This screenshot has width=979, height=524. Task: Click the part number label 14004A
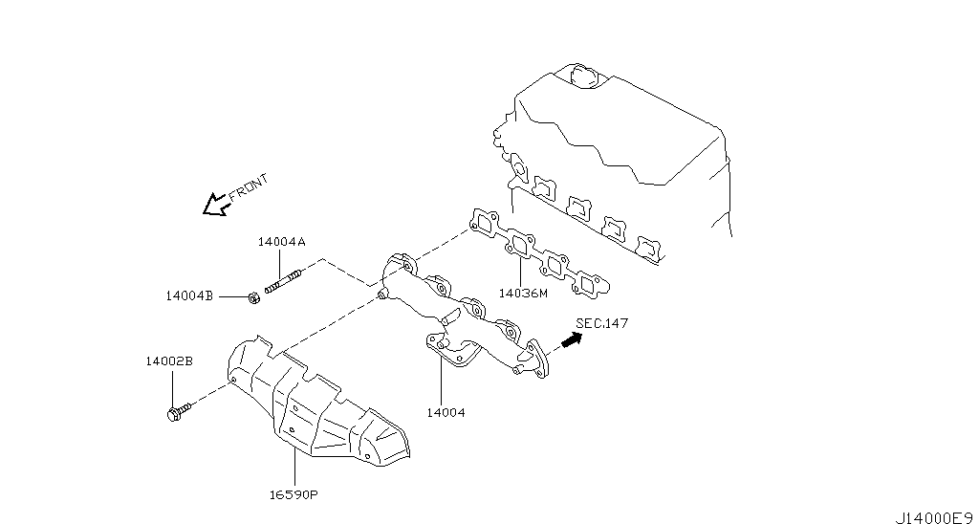(x=281, y=243)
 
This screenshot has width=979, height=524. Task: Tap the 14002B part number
(x=169, y=361)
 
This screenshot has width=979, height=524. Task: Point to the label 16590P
(x=294, y=495)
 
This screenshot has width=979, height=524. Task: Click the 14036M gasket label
(x=523, y=294)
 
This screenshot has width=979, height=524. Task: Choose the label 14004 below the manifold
(x=446, y=413)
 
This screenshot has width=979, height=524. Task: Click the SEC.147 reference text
(x=602, y=324)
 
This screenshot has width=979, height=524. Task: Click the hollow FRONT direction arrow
(x=215, y=203)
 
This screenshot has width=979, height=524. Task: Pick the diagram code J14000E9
(x=933, y=516)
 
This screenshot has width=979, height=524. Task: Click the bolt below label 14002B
(x=178, y=413)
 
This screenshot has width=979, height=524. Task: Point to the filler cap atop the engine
(x=581, y=76)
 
